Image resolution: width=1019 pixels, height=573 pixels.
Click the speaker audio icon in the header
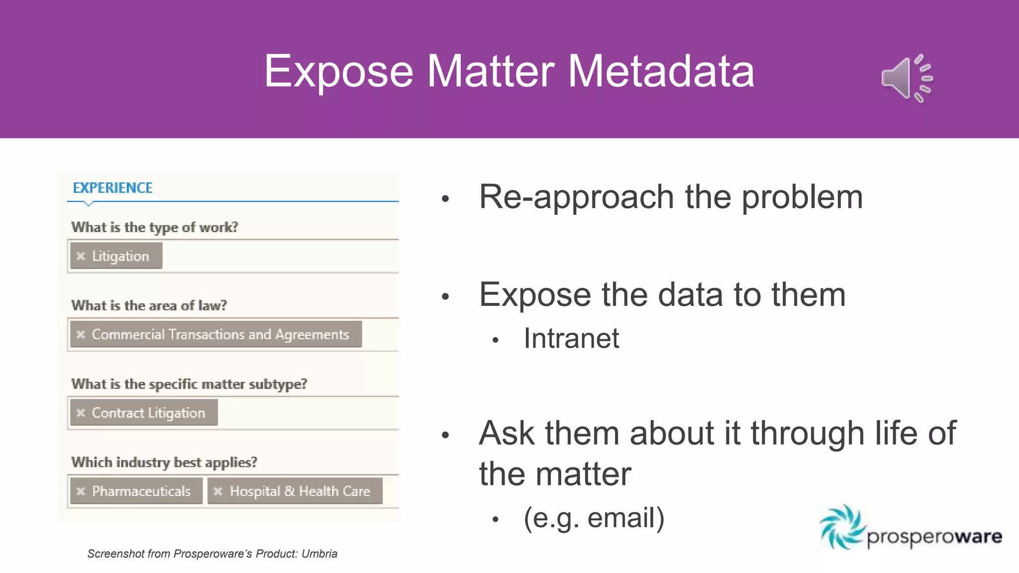point(906,79)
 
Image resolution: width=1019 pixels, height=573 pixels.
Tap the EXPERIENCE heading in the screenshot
point(112,188)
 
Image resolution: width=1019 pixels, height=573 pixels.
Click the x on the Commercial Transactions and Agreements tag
point(81,334)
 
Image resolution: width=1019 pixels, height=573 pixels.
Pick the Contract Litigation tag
point(148,413)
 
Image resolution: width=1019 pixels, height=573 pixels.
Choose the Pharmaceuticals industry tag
point(141,491)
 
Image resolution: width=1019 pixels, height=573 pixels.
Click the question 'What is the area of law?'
point(149,305)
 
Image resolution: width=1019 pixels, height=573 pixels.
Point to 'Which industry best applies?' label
point(164,463)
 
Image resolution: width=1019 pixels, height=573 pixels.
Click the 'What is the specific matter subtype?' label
point(189,384)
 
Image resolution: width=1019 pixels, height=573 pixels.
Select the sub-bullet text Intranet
point(571,339)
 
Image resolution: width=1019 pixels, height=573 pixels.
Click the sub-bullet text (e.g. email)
point(594,518)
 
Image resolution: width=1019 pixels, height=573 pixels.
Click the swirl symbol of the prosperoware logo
point(841,526)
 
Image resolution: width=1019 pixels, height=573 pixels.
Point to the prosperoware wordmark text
point(934,537)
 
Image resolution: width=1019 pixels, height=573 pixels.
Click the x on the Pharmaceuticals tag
point(81,491)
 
